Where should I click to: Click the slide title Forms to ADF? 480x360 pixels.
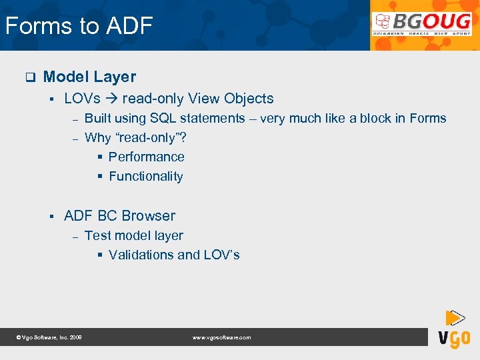click(x=79, y=26)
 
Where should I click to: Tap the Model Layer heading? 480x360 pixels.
click(x=89, y=77)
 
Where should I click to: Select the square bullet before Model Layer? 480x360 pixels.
click(x=29, y=77)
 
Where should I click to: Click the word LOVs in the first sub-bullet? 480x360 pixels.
click(x=82, y=99)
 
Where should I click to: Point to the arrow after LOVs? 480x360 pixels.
click(x=111, y=99)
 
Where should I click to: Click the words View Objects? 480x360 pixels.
click(x=231, y=99)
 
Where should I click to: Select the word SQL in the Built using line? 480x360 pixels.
click(x=163, y=119)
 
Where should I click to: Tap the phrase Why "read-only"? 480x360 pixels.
click(x=135, y=138)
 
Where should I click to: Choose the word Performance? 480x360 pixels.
click(x=146, y=157)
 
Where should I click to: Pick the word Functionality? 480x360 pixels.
click(x=145, y=177)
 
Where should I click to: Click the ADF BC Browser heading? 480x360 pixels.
click(x=119, y=216)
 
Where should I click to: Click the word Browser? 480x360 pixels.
click(x=147, y=216)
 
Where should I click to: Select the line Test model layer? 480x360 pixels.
click(x=133, y=235)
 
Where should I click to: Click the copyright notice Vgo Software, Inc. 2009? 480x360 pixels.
click(x=49, y=338)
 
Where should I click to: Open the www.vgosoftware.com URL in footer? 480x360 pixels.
click(x=221, y=338)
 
